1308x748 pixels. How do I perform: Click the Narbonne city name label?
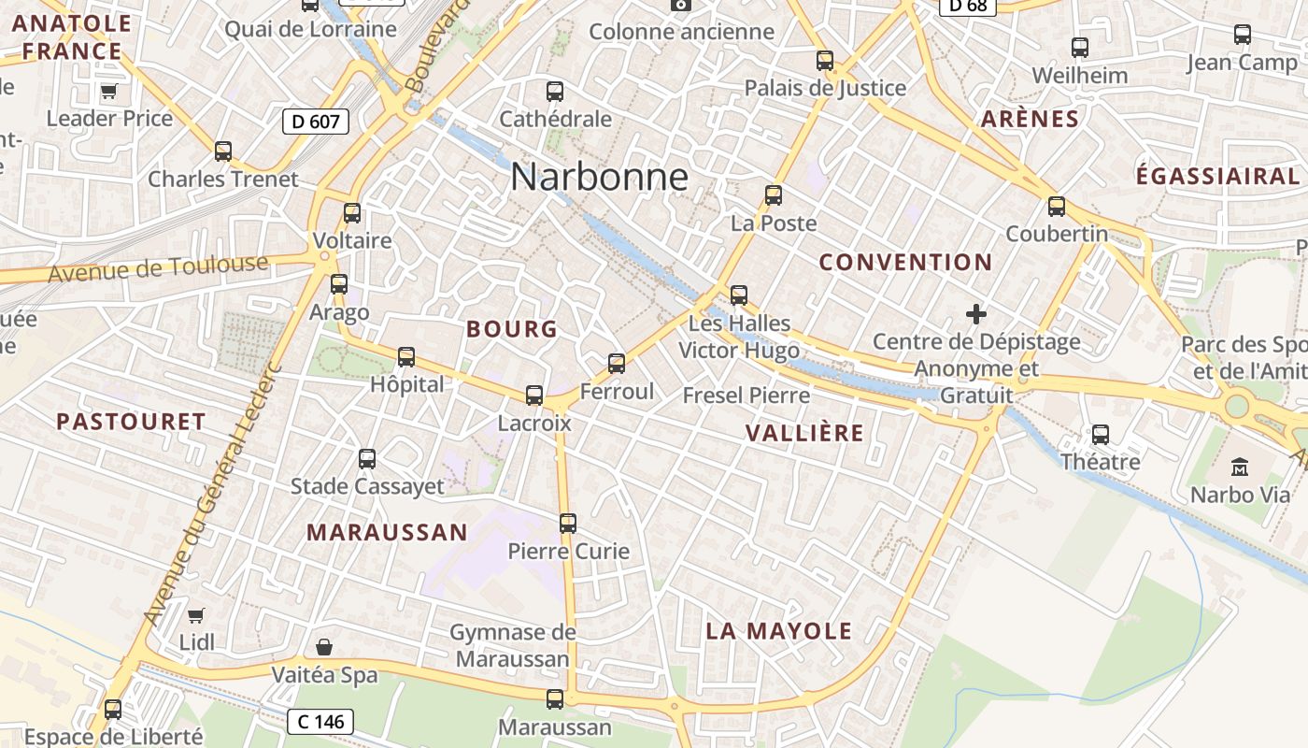[599, 178]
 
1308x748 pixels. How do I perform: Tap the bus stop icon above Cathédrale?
[555, 92]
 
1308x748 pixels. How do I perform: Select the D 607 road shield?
[316, 121]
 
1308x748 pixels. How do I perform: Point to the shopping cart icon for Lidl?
[196, 615]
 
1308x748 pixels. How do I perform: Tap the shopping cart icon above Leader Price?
[109, 92]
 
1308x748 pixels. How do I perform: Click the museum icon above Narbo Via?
[1240, 466]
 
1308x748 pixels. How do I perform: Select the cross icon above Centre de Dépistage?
[976, 314]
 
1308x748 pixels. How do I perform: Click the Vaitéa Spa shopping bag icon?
[324, 647]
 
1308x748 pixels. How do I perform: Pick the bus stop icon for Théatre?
[1101, 434]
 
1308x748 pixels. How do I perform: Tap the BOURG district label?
[512, 329]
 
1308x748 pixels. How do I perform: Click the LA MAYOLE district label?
[779, 631]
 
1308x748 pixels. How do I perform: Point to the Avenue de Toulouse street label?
[158, 269]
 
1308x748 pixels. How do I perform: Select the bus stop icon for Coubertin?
[1057, 207]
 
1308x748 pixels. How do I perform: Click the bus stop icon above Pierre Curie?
[568, 524]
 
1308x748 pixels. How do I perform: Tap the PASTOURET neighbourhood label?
[131, 422]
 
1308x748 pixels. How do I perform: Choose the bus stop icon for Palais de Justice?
[825, 61]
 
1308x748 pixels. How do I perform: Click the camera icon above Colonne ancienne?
[682, 5]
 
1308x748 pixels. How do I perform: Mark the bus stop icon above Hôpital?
[406, 357]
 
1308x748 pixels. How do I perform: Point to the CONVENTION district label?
[905, 263]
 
